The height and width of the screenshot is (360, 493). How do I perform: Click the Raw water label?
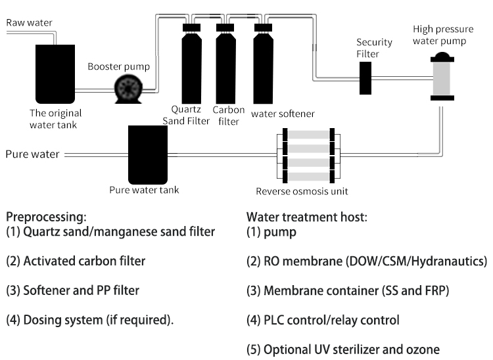tap(29, 23)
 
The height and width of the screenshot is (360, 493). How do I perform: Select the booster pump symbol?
tap(126, 88)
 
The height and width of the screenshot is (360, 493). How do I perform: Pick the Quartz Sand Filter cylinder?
tap(192, 66)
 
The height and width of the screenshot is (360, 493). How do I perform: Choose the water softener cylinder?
tap(263, 66)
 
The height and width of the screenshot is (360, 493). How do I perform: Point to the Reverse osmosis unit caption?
tap(302, 192)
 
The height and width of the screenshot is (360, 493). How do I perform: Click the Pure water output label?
tap(32, 155)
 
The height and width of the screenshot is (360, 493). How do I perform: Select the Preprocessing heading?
tap(46, 216)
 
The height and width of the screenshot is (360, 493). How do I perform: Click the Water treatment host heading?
tap(294, 216)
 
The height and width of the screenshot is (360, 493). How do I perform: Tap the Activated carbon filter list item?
tap(76, 261)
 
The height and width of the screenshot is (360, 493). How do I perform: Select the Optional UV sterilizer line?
tap(342, 349)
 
